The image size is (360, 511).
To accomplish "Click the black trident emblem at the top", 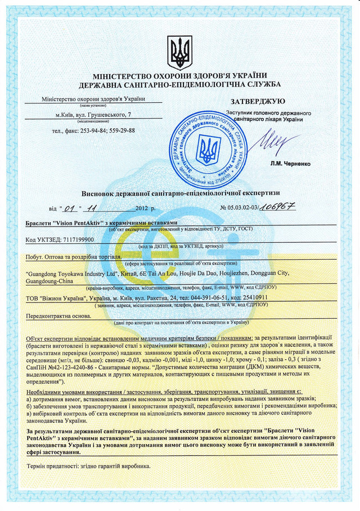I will [180, 53].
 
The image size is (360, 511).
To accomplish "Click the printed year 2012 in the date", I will [144, 208].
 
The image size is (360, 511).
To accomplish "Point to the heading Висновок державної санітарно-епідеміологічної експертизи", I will [180, 192].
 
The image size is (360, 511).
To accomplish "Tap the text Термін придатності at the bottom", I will [53, 467].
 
